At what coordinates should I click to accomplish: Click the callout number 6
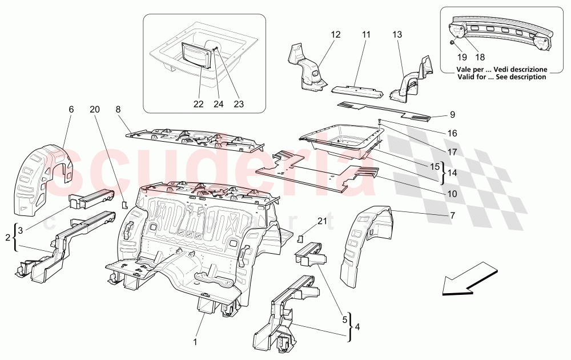coord(71,109)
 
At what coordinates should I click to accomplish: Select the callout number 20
coord(94,109)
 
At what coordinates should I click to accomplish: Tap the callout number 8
coord(118,109)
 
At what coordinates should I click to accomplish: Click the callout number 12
coord(335,35)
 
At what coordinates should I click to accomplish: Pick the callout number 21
coord(323,221)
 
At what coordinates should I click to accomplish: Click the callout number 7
coord(452,215)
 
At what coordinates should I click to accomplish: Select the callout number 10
coord(452,194)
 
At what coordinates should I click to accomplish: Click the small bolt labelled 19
coord(452,43)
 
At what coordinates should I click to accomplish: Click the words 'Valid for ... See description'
coord(501,77)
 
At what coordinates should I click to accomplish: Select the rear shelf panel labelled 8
coord(194,140)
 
